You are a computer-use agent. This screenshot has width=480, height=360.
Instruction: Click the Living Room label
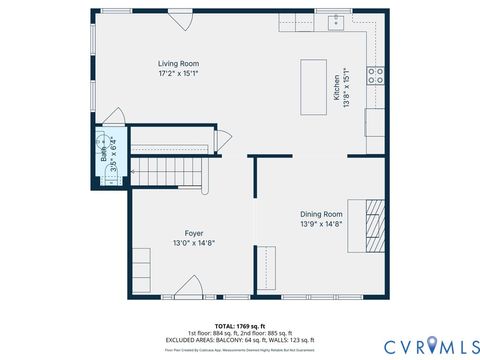click(x=178, y=63)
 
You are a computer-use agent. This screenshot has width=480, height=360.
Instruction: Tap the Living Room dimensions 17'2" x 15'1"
click(x=178, y=73)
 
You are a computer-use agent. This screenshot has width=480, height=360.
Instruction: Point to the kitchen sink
click(x=338, y=20)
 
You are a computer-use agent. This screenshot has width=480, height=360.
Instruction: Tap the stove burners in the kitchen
click(x=377, y=73)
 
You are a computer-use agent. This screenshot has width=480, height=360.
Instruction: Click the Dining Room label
click(x=321, y=214)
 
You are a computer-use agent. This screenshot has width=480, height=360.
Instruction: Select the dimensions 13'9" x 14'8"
click(x=321, y=224)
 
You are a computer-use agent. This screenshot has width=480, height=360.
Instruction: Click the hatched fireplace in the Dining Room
click(x=374, y=229)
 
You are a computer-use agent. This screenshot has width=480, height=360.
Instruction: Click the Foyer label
click(x=194, y=232)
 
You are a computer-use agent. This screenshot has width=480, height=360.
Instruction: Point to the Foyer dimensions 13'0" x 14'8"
click(x=194, y=242)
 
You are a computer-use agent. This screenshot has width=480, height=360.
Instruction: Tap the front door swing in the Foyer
click(x=188, y=288)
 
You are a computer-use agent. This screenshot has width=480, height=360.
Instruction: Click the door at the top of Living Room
click(x=178, y=20)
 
